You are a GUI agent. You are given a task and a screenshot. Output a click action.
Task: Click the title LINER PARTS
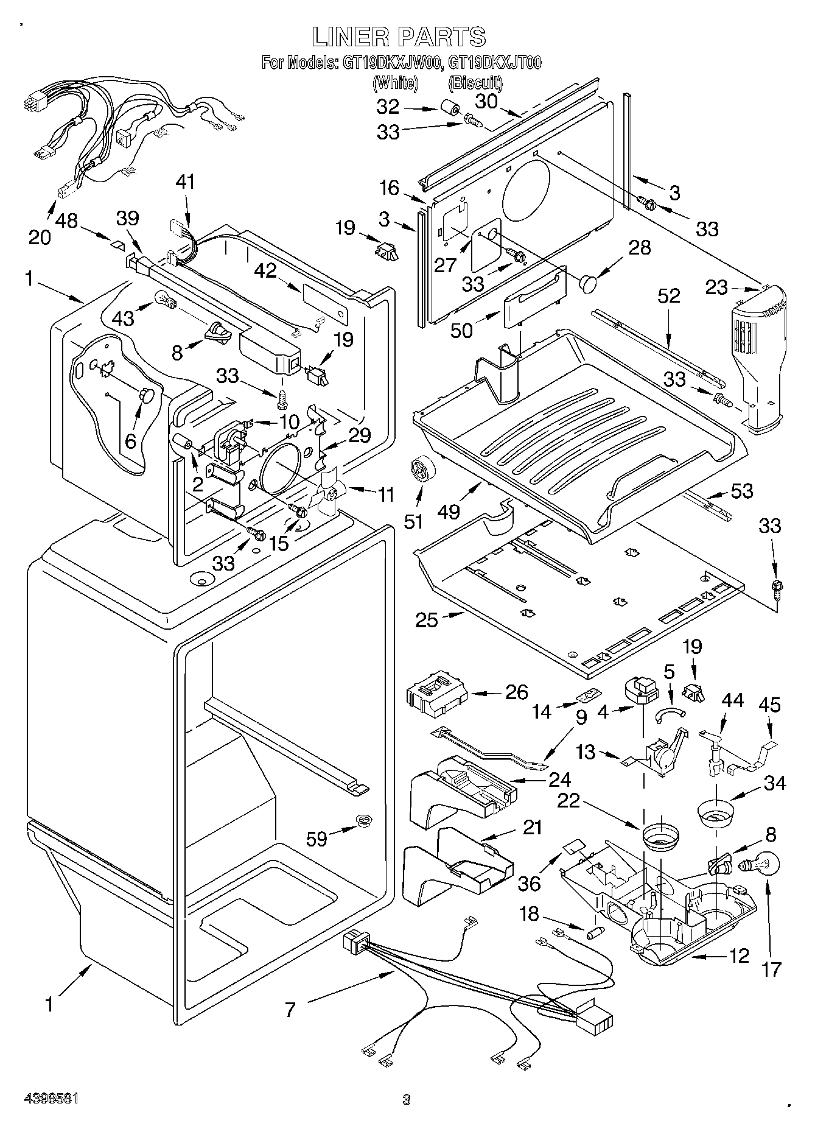click(x=399, y=37)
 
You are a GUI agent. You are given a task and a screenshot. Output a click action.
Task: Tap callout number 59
click(x=317, y=839)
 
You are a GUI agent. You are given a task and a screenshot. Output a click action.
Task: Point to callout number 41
click(x=186, y=181)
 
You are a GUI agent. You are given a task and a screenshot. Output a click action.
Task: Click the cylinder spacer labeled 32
click(x=450, y=110)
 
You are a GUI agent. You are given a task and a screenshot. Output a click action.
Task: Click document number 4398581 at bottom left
click(x=51, y=1099)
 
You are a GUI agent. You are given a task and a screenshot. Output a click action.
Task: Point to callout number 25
click(x=427, y=621)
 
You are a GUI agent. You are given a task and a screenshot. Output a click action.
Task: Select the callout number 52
click(x=668, y=296)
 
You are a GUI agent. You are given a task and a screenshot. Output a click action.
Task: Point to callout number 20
click(x=40, y=237)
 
